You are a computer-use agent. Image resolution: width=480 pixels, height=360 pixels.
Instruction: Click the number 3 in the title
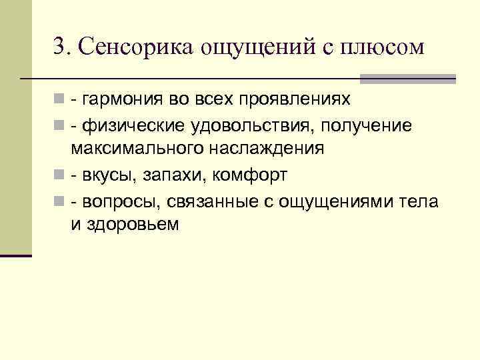click(59, 47)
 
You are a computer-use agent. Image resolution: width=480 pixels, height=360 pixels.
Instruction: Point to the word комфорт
click(247, 175)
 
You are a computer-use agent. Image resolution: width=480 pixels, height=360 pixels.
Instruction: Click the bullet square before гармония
click(59, 100)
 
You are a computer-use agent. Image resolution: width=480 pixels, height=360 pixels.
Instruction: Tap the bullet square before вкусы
click(59, 175)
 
